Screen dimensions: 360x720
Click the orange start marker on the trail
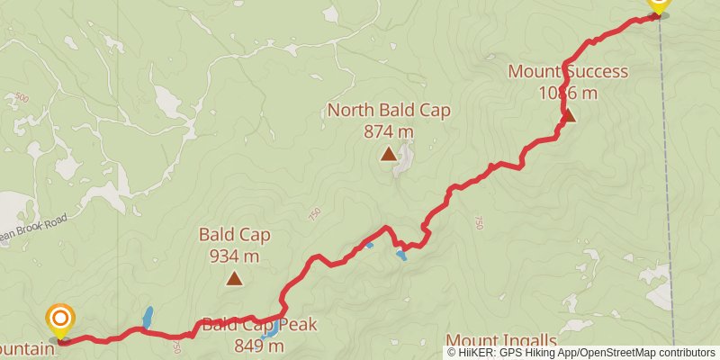pos(60,319)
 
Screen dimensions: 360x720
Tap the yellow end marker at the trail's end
pos(657,4)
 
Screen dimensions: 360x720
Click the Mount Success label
pos(568,71)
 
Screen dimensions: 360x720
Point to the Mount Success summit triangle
pos(569,115)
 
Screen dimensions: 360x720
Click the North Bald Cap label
pos(389,111)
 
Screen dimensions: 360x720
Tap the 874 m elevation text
pos(389,131)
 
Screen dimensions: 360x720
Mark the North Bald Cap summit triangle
pos(388,154)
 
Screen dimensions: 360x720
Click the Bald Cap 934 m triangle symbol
pos(234,279)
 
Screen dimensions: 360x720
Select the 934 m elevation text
pos(234,256)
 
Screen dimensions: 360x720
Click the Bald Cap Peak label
pos(259,325)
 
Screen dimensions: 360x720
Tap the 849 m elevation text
pos(259,346)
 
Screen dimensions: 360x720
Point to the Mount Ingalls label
pos(501,341)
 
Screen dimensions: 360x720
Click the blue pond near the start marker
pos(147,318)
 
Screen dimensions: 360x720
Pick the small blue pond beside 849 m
pos(270,335)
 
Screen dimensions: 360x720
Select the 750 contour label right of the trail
pos(479,222)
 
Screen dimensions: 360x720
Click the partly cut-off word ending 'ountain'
pos(27,346)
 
